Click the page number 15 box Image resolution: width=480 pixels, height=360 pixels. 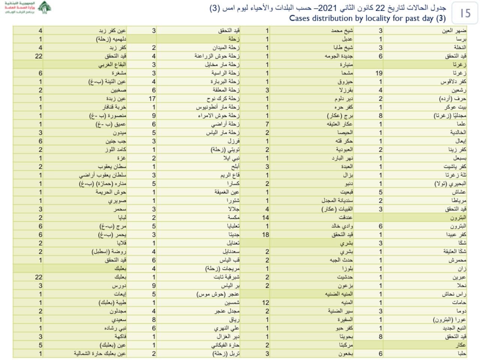(465, 13)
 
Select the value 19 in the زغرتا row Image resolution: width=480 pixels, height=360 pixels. (379, 73)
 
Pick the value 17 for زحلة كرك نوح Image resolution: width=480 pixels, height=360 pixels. (152, 99)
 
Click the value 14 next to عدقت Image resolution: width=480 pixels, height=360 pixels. (265, 217)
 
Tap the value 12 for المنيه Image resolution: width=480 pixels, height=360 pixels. (265, 303)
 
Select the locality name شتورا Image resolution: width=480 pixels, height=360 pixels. (233, 201)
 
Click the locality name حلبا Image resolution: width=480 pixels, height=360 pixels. (461, 354)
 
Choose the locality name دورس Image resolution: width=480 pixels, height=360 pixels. (119, 286)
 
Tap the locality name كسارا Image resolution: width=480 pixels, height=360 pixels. (233, 184)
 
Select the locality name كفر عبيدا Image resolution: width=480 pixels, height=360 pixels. (456, 235)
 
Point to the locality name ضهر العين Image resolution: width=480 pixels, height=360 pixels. (454, 31)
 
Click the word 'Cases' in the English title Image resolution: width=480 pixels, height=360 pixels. (301, 18)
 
